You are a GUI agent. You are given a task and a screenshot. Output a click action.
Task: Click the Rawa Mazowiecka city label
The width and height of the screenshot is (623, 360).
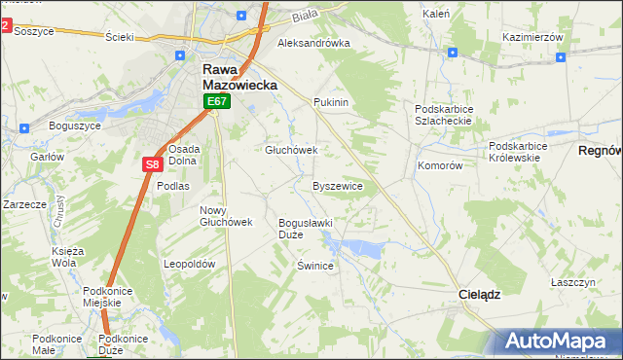239,78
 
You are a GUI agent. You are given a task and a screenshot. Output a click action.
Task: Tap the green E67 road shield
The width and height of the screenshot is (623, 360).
217,101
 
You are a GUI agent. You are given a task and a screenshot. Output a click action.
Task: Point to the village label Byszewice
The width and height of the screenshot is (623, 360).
338,186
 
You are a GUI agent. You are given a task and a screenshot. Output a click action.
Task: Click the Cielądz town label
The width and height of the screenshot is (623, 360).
479,293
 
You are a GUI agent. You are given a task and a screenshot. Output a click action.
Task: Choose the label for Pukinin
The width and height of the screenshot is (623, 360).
331,102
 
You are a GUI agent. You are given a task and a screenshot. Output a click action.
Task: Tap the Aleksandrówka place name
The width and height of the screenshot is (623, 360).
313,44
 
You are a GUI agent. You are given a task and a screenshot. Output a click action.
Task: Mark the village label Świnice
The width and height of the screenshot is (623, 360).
316,266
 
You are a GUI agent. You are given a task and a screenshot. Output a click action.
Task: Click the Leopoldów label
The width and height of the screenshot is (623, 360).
189,264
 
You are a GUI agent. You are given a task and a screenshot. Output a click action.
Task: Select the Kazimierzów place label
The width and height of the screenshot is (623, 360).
533,37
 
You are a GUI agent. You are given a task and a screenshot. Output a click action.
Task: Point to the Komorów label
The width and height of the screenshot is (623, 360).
439,166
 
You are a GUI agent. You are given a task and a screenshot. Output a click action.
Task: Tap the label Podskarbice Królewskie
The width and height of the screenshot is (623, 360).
518,153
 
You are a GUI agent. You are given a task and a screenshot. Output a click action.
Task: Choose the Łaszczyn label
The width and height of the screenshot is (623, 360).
572,281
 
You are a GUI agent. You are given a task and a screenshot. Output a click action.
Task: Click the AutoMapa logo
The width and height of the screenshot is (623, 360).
559,341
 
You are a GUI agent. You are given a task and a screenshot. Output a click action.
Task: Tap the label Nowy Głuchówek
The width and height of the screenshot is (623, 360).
226,216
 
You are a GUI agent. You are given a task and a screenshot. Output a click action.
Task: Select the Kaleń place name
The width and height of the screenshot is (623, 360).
435,15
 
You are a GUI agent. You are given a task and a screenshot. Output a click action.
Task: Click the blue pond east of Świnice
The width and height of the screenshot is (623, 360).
362,247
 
